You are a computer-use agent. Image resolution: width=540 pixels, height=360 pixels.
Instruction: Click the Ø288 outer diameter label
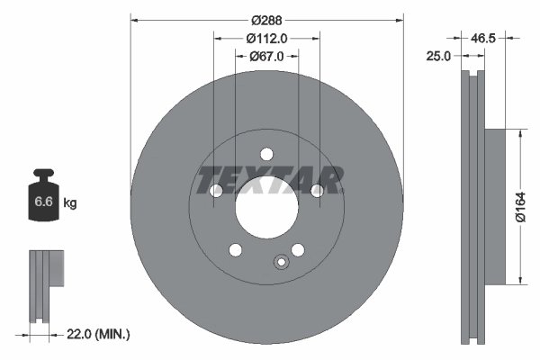(x=266, y=20)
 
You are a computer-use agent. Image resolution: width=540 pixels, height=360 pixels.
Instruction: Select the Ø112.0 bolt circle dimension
(x=266, y=38)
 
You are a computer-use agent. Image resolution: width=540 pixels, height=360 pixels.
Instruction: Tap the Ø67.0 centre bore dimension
(x=266, y=56)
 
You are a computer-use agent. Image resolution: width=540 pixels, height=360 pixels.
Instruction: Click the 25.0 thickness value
(x=439, y=56)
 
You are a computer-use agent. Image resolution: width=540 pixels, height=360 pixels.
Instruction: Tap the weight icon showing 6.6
(x=43, y=199)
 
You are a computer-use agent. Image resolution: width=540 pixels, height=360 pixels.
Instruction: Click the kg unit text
(x=70, y=204)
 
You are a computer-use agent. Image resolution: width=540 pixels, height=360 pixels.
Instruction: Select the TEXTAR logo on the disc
(x=267, y=180)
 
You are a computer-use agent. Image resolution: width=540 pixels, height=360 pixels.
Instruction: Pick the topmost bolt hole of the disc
(x=266, y=153)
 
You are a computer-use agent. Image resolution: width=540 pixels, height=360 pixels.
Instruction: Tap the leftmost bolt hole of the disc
(x=216, y=191)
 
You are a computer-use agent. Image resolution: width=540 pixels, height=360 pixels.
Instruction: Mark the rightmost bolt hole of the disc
(x=317, y=191)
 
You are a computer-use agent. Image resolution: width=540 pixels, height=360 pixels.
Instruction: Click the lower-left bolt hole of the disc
(x=236, y=249)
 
